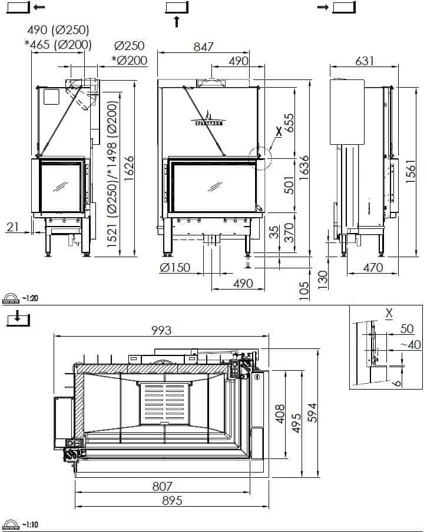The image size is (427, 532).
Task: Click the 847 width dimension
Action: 203,47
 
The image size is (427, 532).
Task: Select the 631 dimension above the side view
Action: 365,61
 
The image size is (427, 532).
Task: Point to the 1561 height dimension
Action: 411,171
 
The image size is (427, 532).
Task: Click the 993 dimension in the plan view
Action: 161,331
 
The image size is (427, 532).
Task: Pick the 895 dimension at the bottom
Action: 172,500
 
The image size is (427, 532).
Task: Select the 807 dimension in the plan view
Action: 162,486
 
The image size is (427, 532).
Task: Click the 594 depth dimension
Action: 312,413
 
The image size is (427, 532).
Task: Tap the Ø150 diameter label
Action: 175,268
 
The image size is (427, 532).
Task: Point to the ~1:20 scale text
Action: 30,298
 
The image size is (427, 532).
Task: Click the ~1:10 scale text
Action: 30,525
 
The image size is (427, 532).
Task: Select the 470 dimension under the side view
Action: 373,268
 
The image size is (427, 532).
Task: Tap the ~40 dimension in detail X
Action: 411,345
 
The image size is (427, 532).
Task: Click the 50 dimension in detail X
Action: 407,329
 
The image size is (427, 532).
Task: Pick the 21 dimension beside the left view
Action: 12,227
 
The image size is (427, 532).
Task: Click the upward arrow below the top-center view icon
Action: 177,21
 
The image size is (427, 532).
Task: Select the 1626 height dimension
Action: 128,169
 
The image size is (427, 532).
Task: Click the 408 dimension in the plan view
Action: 280,414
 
